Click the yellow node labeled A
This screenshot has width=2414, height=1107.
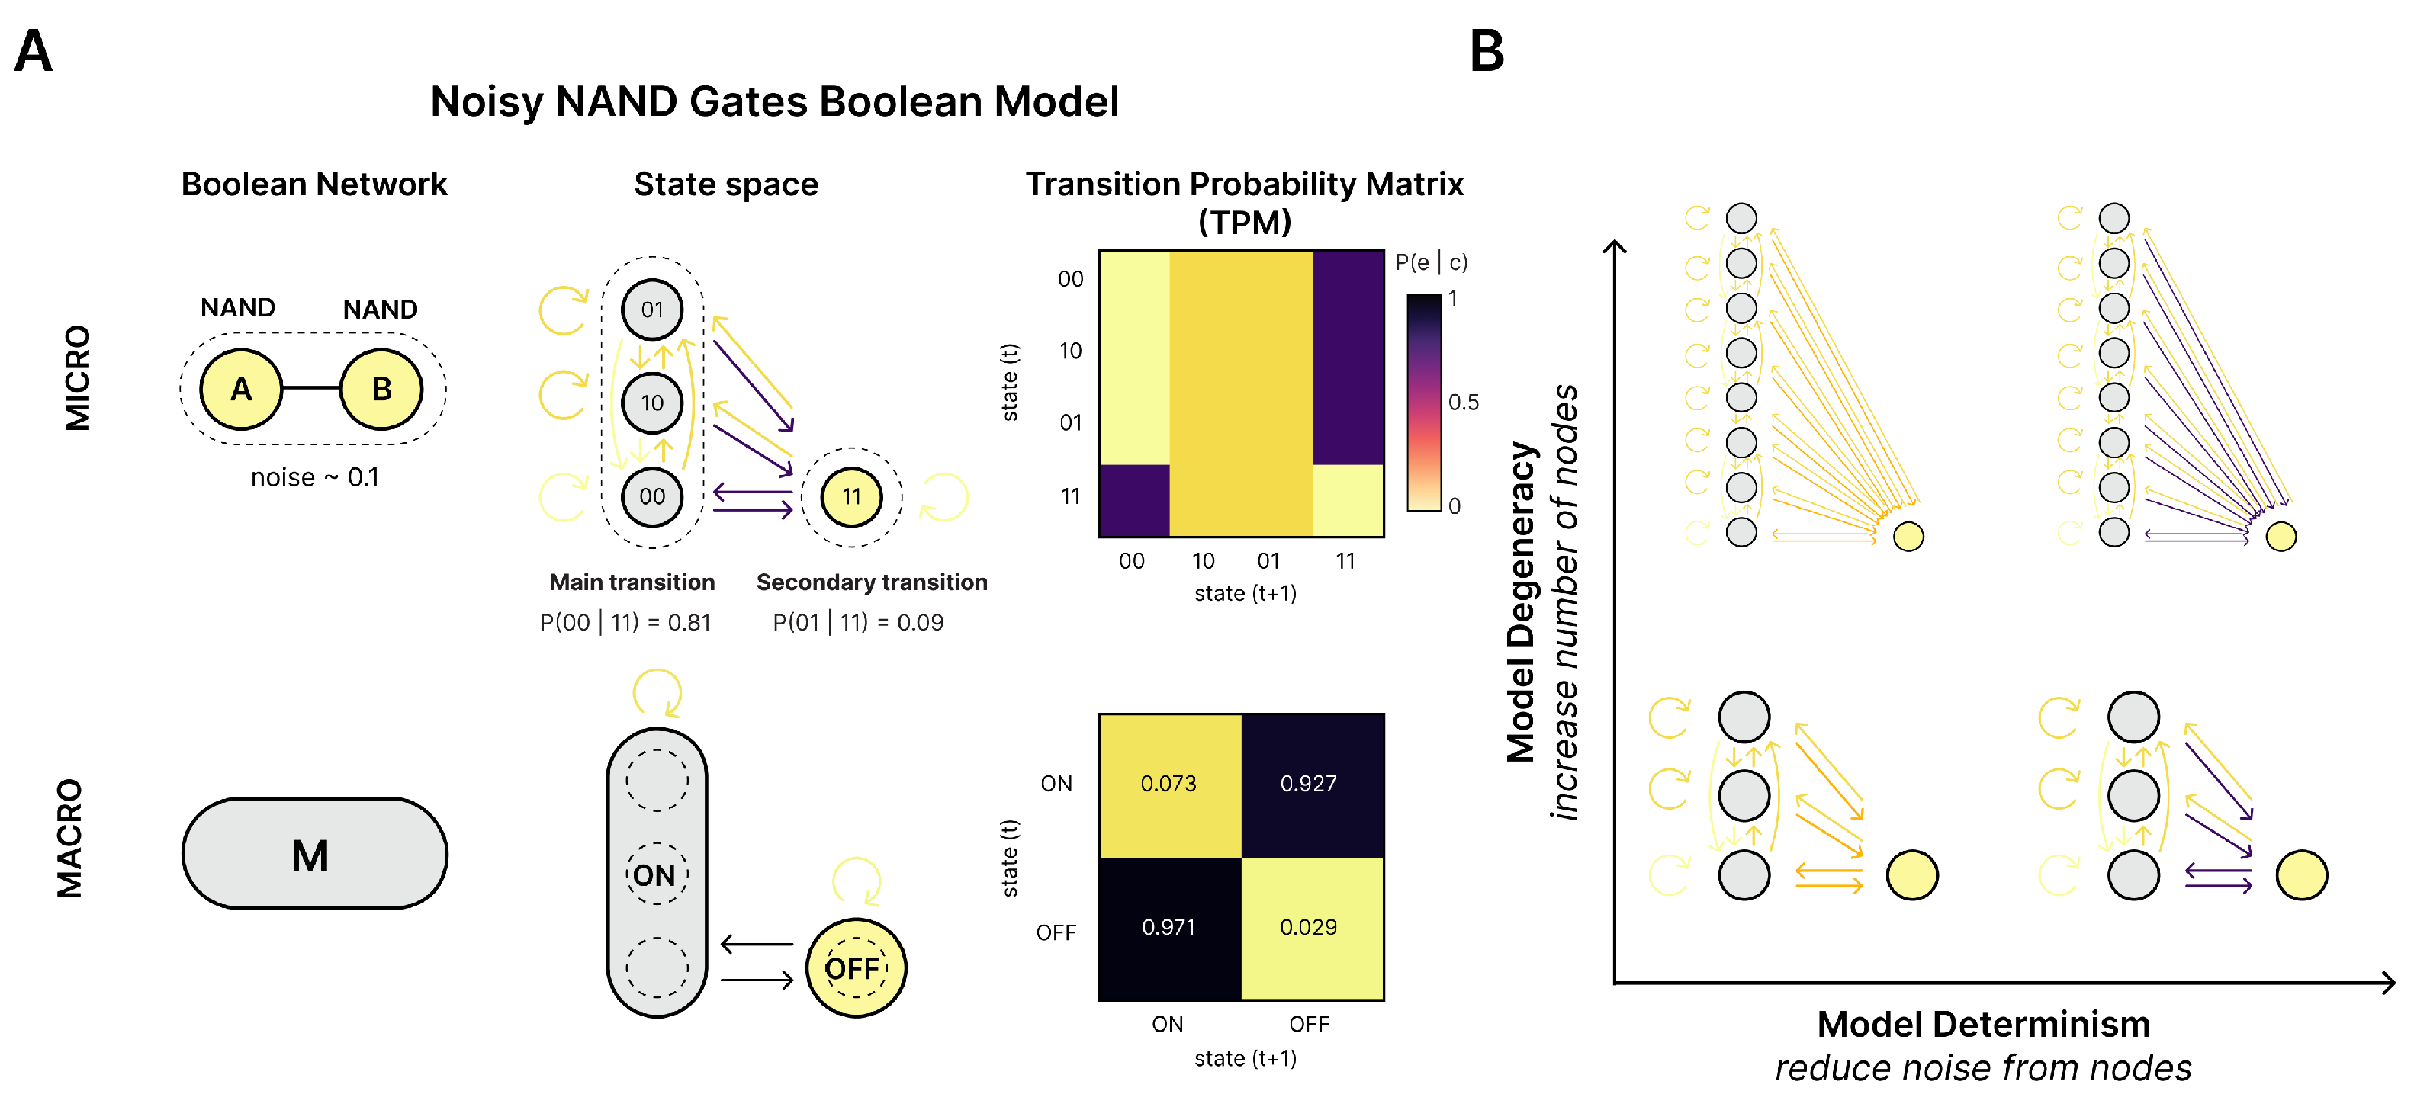(x=241, y=389)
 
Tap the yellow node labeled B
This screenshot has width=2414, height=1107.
(x=381, y=389)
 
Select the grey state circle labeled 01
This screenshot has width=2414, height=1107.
(x=652, y=309)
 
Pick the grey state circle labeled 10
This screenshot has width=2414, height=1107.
(x=652, y=403)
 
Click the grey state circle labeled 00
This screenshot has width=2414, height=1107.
(x=652, y=496)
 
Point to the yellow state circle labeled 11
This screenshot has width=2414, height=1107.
(x=851, y=496)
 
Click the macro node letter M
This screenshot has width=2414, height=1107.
(x=310, y=856)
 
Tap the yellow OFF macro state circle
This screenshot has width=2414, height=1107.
(x=855, y=967)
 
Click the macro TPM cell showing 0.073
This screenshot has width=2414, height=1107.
(x=1168, y=784)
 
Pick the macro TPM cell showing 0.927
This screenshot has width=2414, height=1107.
(x=1309, y=784)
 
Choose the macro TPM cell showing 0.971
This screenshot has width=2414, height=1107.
(x=1168, y=927)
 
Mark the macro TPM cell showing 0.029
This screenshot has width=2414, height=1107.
(x=1309, y=927)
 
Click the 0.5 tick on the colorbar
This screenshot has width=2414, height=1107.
(x=1463, y=403)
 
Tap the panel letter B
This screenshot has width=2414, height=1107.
(x=1487, y=52)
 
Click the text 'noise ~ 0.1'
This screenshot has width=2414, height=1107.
(x=315, y=477)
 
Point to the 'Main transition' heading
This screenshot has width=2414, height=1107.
(x=632, y=582)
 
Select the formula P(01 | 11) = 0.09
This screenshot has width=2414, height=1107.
(x=858, y=623)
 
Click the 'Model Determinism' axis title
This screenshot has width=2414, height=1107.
(x=1983, y=1025)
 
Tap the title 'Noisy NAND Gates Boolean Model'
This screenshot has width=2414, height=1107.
(x=774, y=101)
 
